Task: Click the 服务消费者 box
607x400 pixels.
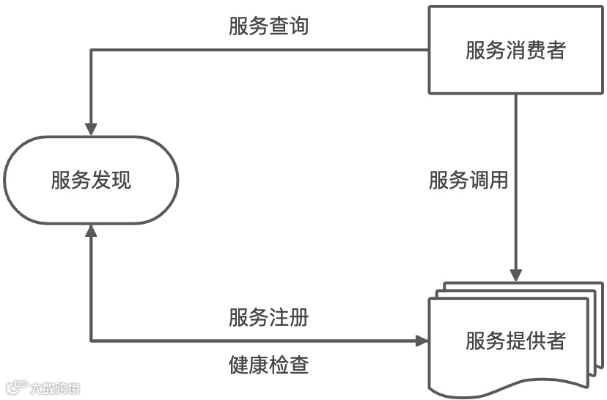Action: coord(515,50)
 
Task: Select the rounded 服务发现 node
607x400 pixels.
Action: coord(91,180)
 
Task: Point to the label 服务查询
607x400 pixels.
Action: coord(268,26)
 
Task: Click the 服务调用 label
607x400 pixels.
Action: coord(468,180)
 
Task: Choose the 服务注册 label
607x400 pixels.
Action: coord(268,319)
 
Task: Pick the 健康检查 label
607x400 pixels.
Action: coord(268,365)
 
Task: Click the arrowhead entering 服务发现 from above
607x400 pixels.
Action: coord(91,128)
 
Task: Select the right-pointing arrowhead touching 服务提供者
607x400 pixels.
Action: coord(422,341)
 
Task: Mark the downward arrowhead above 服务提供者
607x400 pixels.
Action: coord(516,274)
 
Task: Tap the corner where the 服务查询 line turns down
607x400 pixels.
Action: coord(91,50)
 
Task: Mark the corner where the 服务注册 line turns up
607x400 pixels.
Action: coord(91,341)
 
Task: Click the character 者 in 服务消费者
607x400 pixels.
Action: coord(556,50)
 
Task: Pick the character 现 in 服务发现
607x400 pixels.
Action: coord(122,180)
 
